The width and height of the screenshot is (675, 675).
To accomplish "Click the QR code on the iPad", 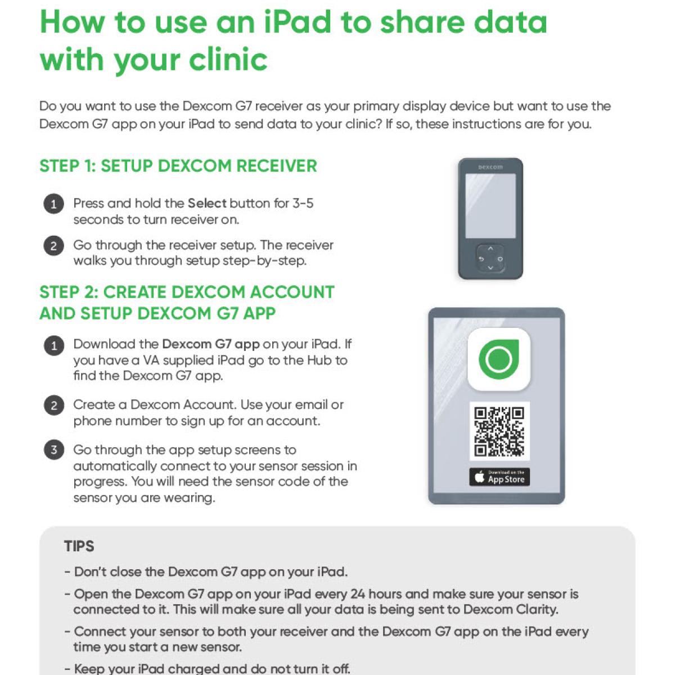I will point(499,431).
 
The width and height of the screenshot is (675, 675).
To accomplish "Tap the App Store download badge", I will point(499,477).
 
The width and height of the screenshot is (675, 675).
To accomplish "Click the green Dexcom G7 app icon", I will point(499,359).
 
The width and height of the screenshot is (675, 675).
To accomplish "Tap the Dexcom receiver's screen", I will point(490,205).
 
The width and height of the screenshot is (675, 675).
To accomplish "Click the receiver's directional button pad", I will point(490,259).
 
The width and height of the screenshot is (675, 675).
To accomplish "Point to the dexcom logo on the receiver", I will point(490,167).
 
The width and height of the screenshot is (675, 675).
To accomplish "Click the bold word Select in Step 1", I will point(207,203).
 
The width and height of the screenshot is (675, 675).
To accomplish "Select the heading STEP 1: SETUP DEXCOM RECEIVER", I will point(178,166).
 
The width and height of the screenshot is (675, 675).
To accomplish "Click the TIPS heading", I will point(79,546).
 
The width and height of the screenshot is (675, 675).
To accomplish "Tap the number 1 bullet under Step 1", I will point(53,204).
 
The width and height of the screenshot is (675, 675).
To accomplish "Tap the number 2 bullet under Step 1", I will point(53,246).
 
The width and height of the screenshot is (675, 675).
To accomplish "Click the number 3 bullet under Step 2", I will point(53,450).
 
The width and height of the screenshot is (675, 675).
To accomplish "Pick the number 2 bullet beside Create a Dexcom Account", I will point(53,406).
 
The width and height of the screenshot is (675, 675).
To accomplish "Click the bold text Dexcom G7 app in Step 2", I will point(211,344).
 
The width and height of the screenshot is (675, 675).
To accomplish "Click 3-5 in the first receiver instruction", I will point(303,203).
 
